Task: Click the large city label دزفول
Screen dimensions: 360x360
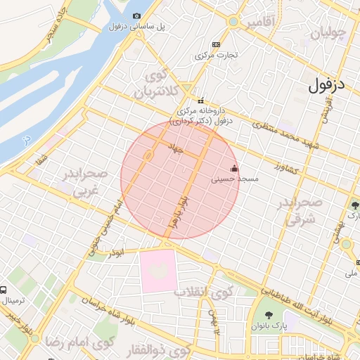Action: coord(327,85)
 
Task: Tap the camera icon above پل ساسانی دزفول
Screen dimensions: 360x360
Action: coord(136,15)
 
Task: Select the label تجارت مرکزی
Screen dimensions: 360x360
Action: coord(217,54)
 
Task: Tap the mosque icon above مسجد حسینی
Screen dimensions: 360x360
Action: coord(234,169)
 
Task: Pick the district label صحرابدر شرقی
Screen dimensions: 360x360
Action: coord(302,210)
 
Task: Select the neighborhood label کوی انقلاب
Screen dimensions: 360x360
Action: coord(203,292)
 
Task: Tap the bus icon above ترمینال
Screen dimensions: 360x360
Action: coord(4,290)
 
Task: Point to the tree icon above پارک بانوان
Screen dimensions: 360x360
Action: coord(269,315)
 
